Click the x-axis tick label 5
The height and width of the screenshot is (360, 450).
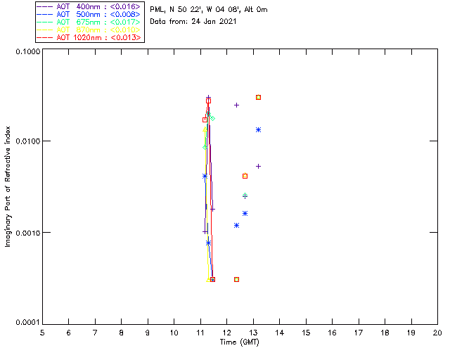(x=42, y=333)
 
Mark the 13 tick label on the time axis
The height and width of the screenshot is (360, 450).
(x=253, y=333)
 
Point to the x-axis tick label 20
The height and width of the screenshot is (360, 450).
(x=437, y=333)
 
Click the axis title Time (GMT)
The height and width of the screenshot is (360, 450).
(x=240, y=342)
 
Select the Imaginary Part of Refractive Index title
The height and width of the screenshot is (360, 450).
(x=8, y=188)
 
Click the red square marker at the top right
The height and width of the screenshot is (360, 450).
(x=259, y=97)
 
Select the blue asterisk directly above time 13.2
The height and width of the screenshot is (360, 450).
(x=259, y=129)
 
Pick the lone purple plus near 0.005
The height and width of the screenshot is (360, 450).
(x=259, y=166)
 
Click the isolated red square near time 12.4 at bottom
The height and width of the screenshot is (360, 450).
(x=236, y=279)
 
